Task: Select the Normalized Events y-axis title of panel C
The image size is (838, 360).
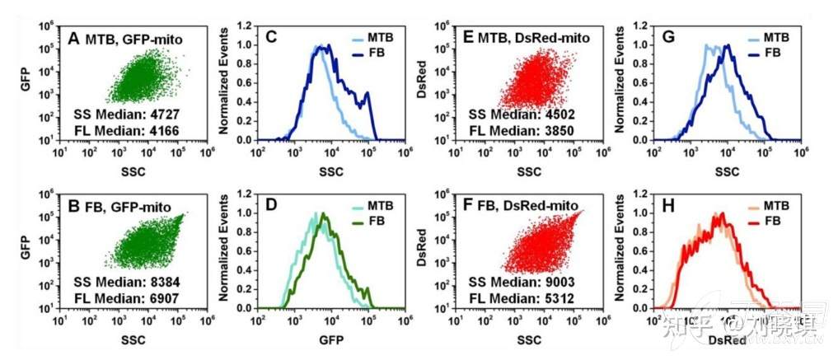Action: [222, 82]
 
